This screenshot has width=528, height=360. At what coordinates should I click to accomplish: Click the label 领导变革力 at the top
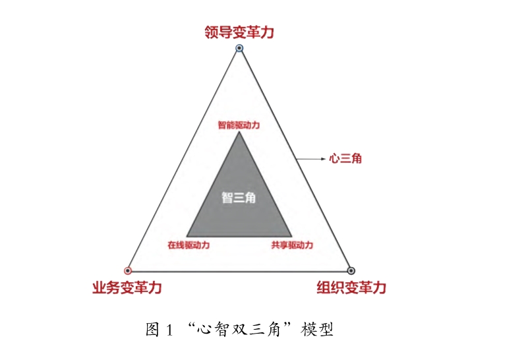tap(239, 32)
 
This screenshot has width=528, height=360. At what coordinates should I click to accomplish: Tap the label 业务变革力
tap(127, 288)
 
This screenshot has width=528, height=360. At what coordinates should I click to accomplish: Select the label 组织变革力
tap(351, 288)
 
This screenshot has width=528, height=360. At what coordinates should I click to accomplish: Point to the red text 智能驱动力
tap(239, 123)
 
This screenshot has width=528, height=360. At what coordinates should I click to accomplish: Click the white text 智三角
tap(239, 197)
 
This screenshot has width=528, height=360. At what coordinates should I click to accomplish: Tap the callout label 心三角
tap(345, 158)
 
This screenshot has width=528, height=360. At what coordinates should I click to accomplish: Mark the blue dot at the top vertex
tap(239, 49)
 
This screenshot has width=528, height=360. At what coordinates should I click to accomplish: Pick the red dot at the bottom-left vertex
tap(128, 270)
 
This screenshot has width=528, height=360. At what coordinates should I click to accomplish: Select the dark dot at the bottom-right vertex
tap(351, 270)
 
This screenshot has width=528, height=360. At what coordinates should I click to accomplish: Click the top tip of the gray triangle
tap(239, 133)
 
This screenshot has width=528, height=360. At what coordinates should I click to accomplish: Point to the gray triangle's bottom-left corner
tap(187, 235)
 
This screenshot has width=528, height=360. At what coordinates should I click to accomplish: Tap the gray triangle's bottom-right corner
tap(291, 235)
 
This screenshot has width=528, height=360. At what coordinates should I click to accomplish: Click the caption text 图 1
tap(159, 329)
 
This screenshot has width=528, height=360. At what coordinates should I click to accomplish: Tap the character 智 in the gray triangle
tap(227, 197)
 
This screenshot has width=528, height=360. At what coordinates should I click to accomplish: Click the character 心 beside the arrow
tap(335, 158)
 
